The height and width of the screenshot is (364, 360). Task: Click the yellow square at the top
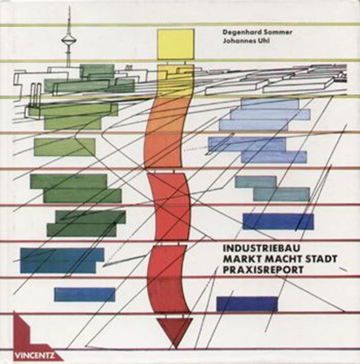click(176, 44)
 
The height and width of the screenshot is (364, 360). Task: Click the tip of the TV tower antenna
click(69, 7)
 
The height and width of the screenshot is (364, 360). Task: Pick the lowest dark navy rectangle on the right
click(247, 304)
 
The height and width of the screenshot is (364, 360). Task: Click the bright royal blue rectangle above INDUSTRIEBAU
click(278, 221)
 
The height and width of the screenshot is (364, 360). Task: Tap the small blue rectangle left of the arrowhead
click(85, 295)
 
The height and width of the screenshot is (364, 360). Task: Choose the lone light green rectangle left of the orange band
click(64, 147)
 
